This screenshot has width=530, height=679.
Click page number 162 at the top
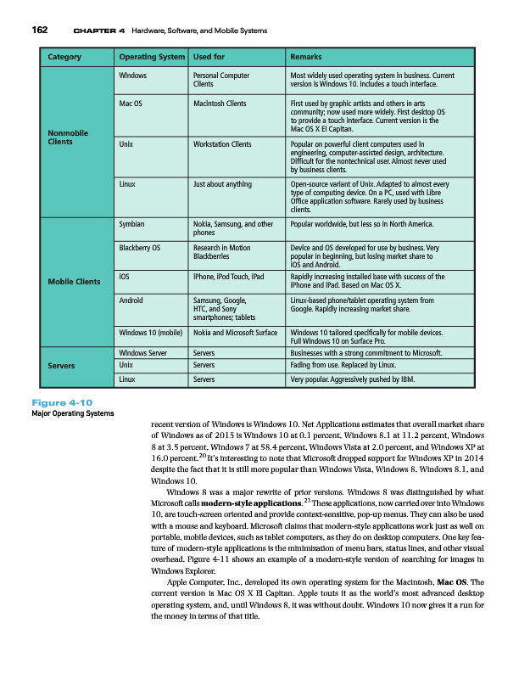coord(39,31)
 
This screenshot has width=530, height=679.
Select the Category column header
coord(64,58)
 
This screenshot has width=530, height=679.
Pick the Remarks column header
coord(306,58)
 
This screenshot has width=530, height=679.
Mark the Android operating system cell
coord(131,300)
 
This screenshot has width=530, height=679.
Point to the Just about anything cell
coord(222,183)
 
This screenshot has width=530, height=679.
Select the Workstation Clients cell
coord(222,145)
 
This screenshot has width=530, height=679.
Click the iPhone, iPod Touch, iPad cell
coord(229,277)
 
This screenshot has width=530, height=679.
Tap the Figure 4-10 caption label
coord(62,401)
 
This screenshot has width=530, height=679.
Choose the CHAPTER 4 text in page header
coord(99,31)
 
